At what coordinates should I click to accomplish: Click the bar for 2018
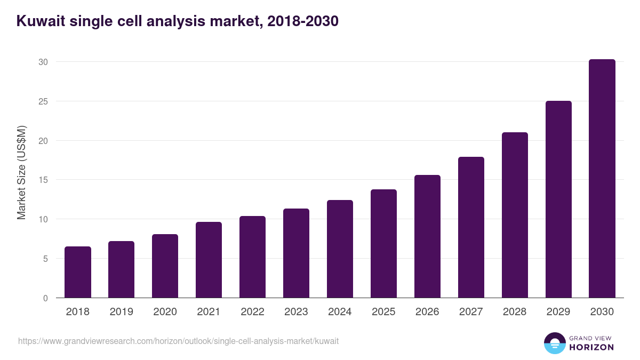78,272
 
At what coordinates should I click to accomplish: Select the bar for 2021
209,260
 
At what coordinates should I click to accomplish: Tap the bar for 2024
340,249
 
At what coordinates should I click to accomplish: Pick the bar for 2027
471,227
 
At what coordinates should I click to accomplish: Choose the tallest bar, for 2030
602,179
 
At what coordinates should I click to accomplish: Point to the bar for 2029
558,199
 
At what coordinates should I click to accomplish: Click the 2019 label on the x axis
122,312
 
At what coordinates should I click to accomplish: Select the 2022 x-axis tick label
252,312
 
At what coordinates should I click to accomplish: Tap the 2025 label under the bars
383,312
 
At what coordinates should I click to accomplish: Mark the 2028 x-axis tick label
515,312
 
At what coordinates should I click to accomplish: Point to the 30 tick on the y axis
43,62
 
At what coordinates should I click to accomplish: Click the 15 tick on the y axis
43,180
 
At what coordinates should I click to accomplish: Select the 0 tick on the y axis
45,298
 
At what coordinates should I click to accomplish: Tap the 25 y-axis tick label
43,101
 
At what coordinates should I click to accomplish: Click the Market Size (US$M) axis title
21,172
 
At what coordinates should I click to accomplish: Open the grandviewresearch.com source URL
178,341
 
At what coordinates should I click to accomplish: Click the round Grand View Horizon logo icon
554,343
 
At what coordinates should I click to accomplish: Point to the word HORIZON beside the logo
592,347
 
